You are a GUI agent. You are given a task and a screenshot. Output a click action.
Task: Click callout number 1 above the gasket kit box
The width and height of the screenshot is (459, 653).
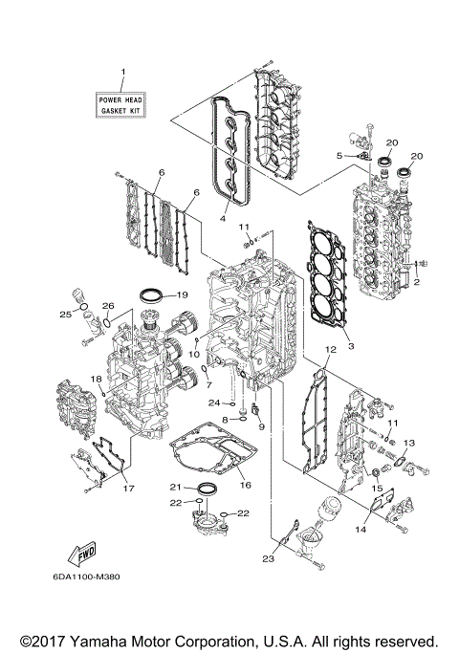coord(122,73)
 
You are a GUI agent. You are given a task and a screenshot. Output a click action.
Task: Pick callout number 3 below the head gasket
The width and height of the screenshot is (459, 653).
coord(350,344)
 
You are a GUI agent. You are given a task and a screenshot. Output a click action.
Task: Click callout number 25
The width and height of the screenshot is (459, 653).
coord(65,315)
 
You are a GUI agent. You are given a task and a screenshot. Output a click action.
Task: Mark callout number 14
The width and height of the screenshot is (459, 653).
coord(362,527)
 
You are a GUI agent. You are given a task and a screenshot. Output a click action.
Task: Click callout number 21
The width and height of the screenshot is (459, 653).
coord(176,488)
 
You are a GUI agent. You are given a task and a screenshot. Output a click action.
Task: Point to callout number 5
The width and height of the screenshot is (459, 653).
coord(339,155)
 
